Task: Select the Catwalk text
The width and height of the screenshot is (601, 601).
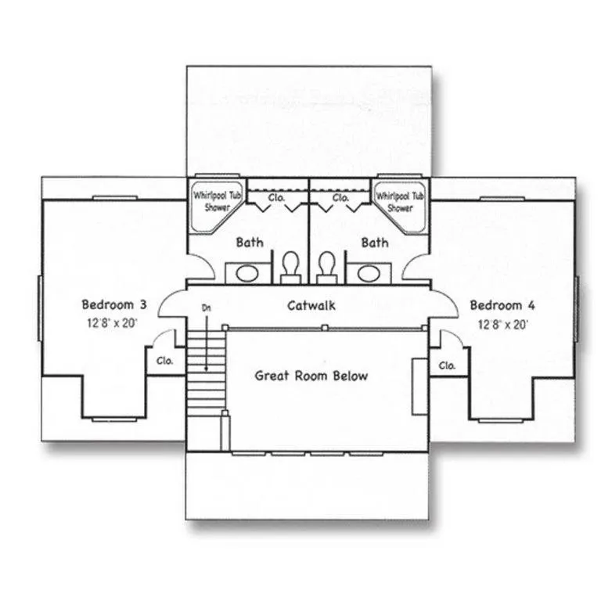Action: tap(311, 305)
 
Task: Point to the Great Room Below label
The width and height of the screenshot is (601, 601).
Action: tap(311, 376)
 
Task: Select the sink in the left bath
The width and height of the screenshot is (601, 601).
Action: tap(247, 273)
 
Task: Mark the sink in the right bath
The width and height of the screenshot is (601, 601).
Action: tap(368, 273)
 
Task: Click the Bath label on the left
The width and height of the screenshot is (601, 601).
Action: tap(250, 243)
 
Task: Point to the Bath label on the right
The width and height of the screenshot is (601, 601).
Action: tap(375, 243)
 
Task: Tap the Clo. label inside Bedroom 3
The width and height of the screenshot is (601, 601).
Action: tap(164, 362)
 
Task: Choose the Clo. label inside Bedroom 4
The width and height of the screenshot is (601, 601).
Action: tap(447, 365)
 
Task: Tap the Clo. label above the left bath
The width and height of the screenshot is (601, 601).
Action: tap(277, 198)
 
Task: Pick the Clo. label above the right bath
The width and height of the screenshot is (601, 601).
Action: tap(340, 198)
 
